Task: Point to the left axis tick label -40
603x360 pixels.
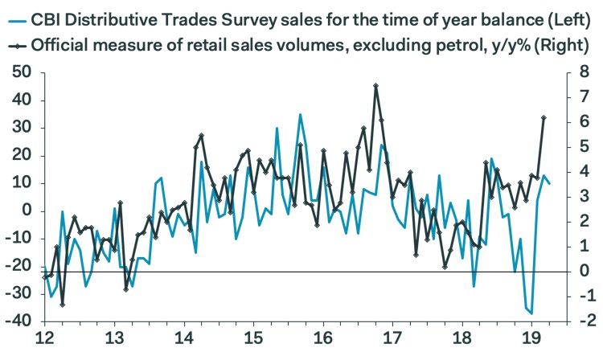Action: coord(17,321)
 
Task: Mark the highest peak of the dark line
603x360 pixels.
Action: coord(376,85)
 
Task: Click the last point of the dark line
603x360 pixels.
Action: coord(544,117)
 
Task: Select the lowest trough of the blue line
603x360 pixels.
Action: coord(532,313)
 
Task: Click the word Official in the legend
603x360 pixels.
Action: coord(62,45)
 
